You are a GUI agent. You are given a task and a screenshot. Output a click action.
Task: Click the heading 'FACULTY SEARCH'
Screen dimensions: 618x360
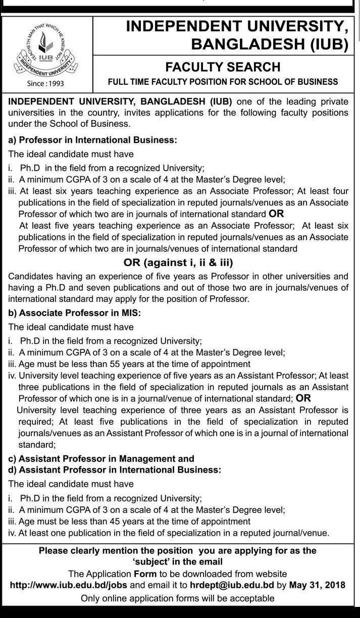[223, 67]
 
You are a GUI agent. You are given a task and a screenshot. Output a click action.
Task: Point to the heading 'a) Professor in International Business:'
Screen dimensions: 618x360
[93, 140]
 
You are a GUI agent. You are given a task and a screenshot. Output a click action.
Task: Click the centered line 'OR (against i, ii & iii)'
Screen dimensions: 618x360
[178, 263]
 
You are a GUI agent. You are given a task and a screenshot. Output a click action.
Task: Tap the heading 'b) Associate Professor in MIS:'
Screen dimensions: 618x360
[74, 313]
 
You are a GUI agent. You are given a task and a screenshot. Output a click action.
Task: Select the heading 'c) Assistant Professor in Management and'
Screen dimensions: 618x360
[101, 458]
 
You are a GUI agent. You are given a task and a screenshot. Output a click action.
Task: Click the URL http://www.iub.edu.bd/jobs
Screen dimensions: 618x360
[70, 585]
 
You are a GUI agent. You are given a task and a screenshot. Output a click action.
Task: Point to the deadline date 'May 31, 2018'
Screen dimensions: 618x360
[317, 585]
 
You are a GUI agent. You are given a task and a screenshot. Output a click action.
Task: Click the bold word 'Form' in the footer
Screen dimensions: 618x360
[145, 574]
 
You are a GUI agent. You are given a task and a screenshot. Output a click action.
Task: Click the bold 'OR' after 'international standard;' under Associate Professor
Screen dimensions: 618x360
[303, 398]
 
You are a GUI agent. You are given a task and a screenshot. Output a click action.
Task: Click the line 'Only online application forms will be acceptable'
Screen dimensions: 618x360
[178, 598]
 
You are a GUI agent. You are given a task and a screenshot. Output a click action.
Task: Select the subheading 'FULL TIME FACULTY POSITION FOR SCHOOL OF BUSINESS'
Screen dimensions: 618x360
[223, 81]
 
